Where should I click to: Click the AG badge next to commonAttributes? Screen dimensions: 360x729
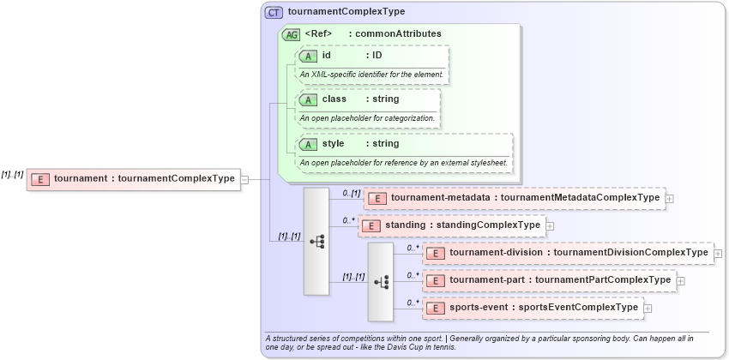coord(291,34)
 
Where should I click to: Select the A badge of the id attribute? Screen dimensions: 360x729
coord(308,56)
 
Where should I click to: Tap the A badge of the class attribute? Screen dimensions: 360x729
coord(308,99)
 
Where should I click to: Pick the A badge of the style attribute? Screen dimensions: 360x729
coord(308,144)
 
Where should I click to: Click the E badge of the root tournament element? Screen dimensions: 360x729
coord(39,179)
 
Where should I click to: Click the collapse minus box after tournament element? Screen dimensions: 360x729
coord(245,179)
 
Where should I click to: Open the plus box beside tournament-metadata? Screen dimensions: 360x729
coord(669,198)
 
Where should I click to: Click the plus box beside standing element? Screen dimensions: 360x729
coord(550,225)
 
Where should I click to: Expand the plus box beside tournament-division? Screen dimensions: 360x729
coord(718,253)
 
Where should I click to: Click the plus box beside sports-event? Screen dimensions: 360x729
coord(648,308)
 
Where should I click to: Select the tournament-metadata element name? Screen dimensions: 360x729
coord(442,198)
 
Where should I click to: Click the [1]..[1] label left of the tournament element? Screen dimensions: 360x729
coord(12,174)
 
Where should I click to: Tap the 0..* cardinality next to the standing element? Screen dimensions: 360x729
coord(348,220)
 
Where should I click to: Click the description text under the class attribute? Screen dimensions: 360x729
coord(367,117)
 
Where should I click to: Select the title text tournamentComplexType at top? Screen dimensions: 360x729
coord(346,12)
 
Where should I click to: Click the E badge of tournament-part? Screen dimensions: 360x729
coord(436,280)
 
